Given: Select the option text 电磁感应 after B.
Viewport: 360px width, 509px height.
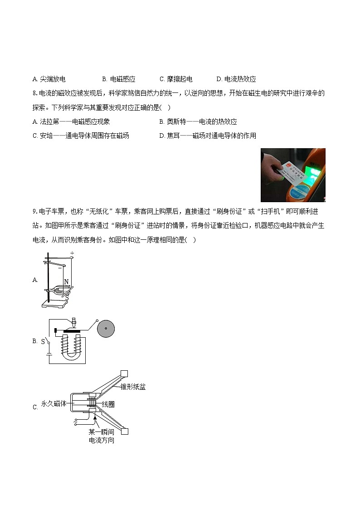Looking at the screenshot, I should (x=122, y=79).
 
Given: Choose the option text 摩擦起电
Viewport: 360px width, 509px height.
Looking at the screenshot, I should (x=180, y=79).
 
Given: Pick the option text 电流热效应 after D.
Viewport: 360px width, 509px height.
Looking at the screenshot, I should (x=240, y=79).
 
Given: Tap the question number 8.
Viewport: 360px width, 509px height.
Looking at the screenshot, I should (x=34, y=94).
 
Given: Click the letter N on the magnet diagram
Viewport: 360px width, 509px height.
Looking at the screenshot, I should (x=67, y=282).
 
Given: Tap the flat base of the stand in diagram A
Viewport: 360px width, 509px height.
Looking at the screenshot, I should (x=56, y=304).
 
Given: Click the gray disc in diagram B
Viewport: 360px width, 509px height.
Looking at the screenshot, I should (x=105, y=328).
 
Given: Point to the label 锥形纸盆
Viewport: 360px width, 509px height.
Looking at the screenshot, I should (x=133, y=387).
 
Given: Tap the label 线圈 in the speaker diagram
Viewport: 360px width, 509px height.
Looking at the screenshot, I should (x=108, y=404).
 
